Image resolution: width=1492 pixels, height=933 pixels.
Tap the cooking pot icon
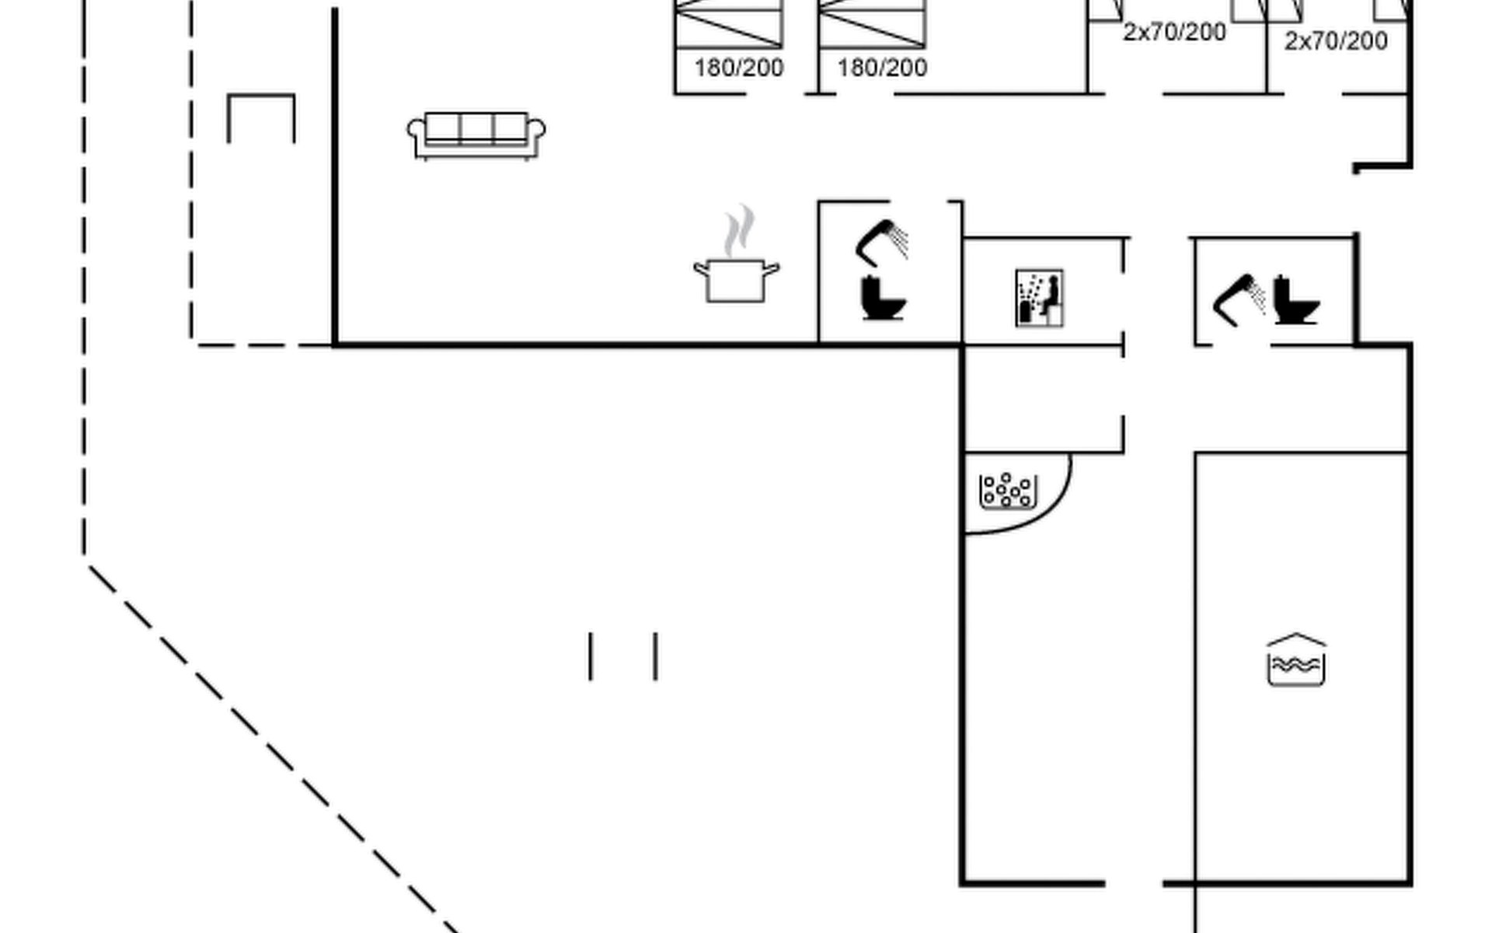pyautogui.click(x=736, y=281)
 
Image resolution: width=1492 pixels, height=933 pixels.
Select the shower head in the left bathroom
pyautogui.click(x=881, y=241)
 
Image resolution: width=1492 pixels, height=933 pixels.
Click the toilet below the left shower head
pyautogui.click(x=884, y=298)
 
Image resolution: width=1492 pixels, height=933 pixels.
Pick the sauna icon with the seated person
pyautogui.click(x=1039, y=298)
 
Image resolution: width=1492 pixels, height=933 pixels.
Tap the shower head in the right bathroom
pyautogui.click(x=1239, y=299)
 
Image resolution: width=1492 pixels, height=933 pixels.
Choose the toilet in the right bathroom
pyautogui.click(x=1297, y=299)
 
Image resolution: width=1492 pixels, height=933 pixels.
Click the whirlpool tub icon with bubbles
pyautogui.click(x=1008, y=491)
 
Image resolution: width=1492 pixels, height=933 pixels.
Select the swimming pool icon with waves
pyautogui.click(x=1296, y=661)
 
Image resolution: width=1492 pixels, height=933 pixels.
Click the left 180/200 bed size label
pyautogui.click(x=738, y=68)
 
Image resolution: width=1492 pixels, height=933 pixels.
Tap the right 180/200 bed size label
pyautogui.click(x=882, y=68)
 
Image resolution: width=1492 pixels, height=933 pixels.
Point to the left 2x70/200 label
pyautogui.click(x=1174, y=33)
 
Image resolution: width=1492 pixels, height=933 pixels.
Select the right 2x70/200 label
pyautogui.click(x=1335, y=41)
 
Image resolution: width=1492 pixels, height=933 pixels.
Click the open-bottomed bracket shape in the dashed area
pyautogui.click(x=261, y=117)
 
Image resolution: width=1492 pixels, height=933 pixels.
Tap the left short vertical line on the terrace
pyautogui.click(x=591, y=656)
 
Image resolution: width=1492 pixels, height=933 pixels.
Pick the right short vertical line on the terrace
pyautogui.click(x=656, y=656)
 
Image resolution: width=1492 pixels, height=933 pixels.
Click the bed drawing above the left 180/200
pyautogui.click(x=729, y=23)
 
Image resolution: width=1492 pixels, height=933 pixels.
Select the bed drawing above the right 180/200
pyautogui.click(x=873, y=23)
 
